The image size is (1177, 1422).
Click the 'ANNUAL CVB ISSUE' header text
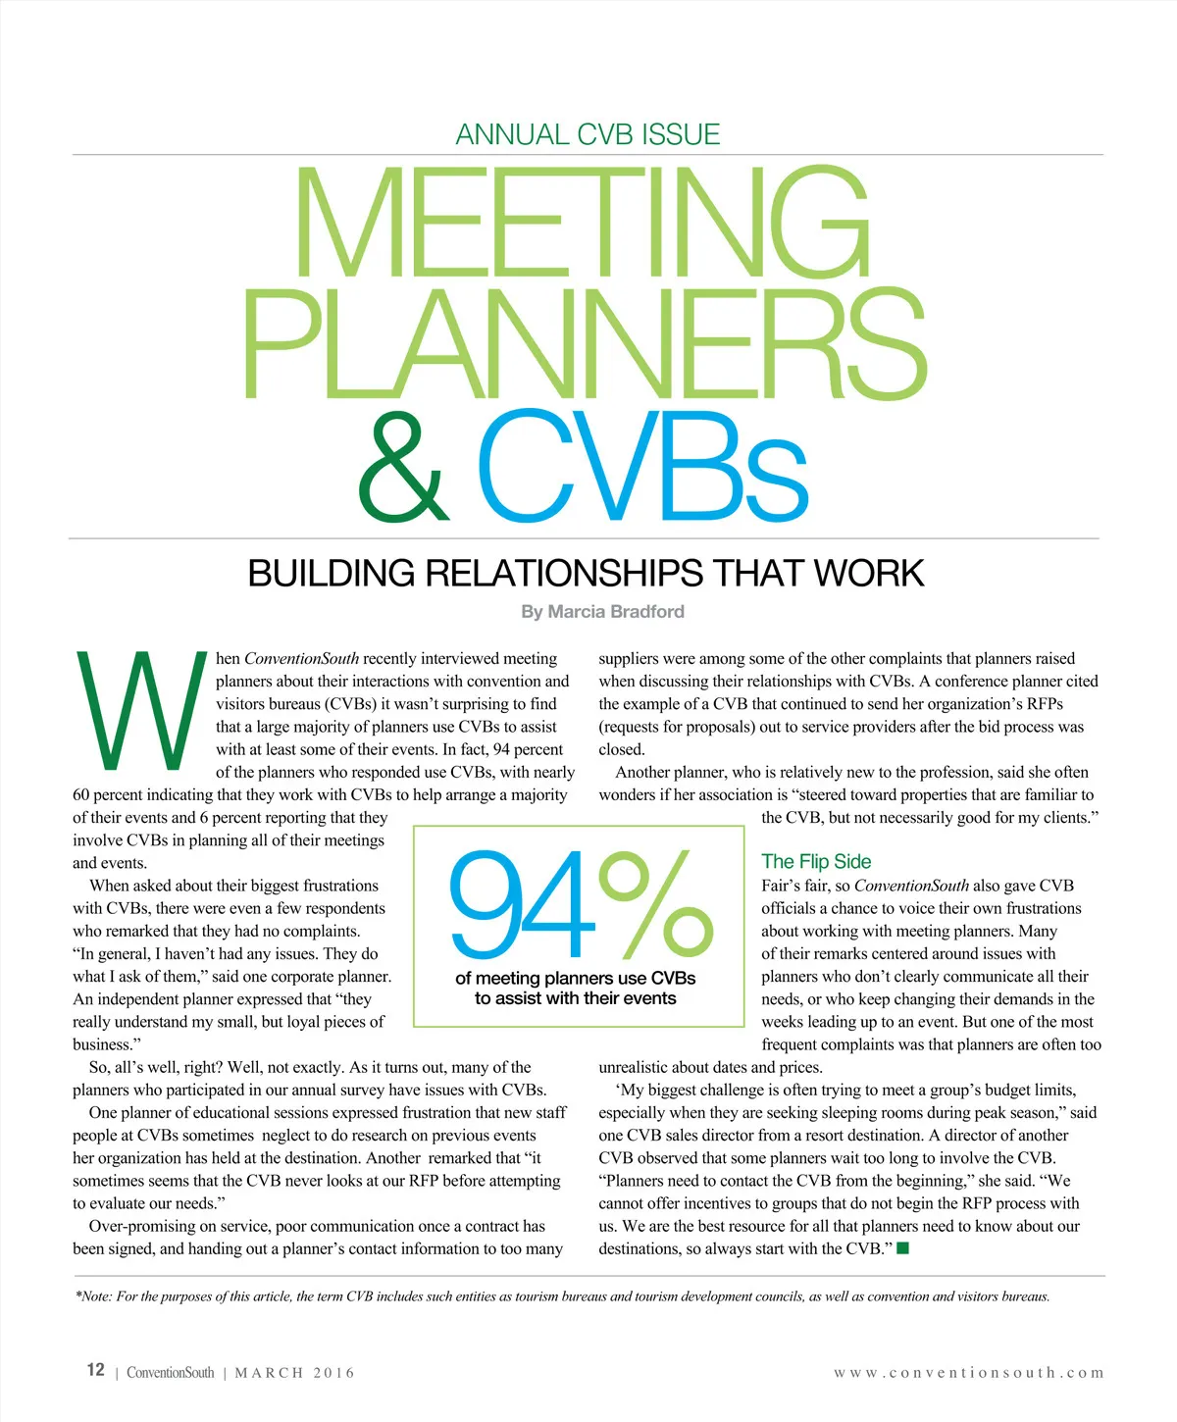(588, 134)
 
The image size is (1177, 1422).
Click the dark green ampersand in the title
(404, 468)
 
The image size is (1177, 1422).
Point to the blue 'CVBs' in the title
(642, 468)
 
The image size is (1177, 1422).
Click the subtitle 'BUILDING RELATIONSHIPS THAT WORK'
(586, 573)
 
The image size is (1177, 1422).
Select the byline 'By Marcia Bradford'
(602, 612)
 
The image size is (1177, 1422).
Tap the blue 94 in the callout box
(522, 904)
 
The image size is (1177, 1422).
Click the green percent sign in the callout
(657, 904)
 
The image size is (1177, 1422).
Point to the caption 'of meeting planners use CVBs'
(576, 978)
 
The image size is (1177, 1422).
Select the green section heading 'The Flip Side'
(816, 861)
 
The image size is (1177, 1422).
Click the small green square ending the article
(903, 1248)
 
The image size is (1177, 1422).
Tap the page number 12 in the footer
(95, 1370)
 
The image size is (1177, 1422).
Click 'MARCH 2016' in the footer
(294, 1373)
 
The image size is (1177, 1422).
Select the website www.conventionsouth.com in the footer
(969, 1373)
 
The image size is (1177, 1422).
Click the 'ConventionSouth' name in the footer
(170, 1373)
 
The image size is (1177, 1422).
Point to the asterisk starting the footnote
(77, 1295)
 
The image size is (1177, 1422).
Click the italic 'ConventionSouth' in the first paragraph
(301, 659)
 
